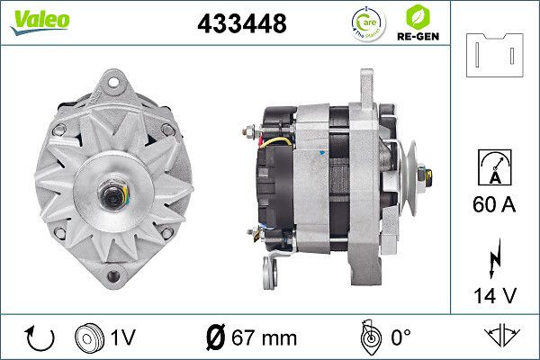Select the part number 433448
[x=241, y=25]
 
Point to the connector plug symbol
[x=495, y=56]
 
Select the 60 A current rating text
[x=495, y=205]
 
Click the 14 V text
[x=495, y=293]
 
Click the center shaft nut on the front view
[x=115, y=193]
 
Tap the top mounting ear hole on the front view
[x=115, y=83]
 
